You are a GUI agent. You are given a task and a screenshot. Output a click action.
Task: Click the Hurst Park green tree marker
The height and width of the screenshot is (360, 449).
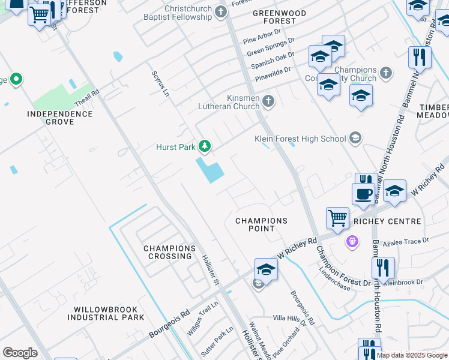[x=205, y=146]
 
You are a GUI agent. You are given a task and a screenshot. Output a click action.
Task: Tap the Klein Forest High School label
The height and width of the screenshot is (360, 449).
[x=300, y=139]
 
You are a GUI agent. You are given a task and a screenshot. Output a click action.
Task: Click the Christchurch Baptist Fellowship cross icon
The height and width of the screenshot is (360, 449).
[x=221, y=11]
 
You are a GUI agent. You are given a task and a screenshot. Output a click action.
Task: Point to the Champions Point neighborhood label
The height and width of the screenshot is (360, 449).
[x=261, y=224]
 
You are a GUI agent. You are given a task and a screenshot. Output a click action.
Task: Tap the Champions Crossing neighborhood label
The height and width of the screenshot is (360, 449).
[x=169, y=252]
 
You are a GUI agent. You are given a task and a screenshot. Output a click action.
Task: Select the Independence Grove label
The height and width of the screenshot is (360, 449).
[x=59, y=118]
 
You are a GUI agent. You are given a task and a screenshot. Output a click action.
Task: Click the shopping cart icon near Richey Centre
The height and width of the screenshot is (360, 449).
[x=338, y=218]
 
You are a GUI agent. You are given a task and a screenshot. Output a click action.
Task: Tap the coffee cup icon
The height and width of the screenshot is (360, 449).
[x=363, y=193]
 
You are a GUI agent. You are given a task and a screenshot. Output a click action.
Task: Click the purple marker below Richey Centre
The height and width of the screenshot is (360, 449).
[x=352, y=241]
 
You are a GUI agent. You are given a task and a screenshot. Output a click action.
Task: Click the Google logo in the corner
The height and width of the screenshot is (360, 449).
[x=20, y=353]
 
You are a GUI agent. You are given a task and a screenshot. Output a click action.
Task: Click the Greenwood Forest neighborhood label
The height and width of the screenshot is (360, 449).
[x=279, y=17]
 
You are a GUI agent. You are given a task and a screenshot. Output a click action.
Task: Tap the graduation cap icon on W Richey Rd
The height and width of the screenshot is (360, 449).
[x=266, y=269]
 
